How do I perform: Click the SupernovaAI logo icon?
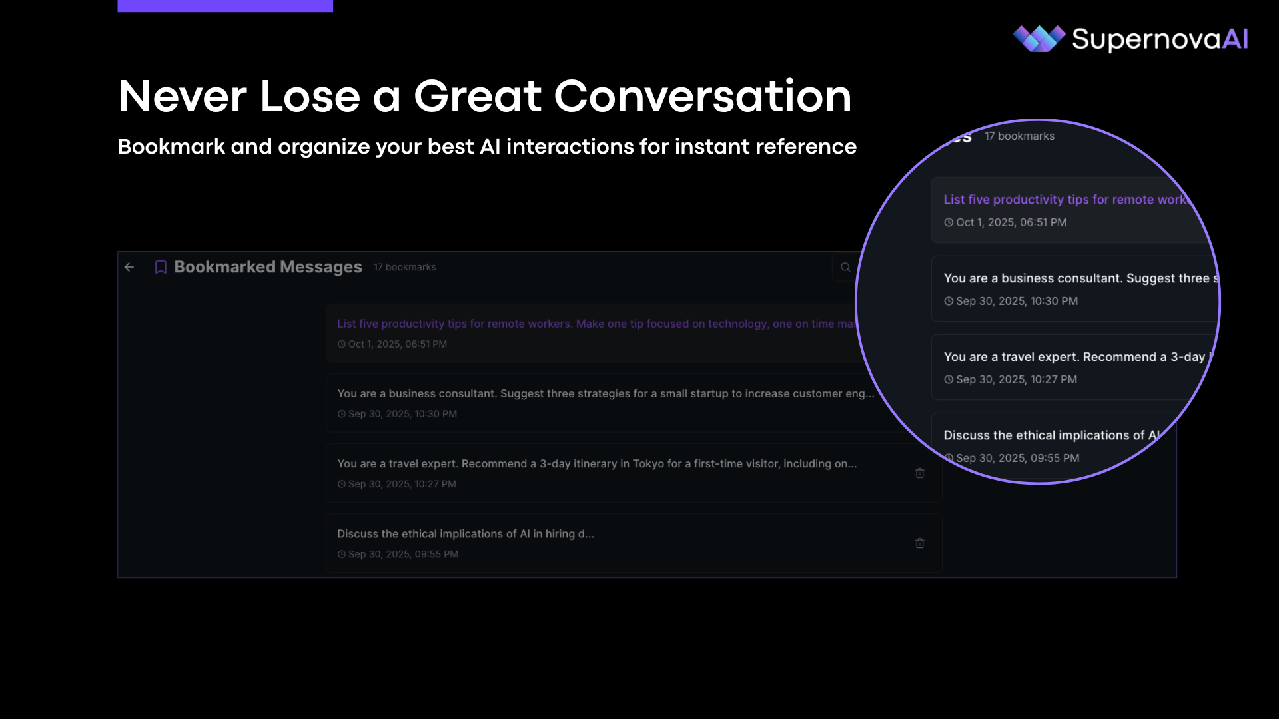tap(1039, 39)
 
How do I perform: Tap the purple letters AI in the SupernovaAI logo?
tap(1235, 39)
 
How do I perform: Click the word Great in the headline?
tap(478, 97)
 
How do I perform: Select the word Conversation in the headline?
tap(703, 97)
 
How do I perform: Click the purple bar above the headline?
tap(225, 6)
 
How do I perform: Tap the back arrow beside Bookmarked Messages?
tap(129, 267)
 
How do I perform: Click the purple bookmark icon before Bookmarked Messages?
tap(161, 267)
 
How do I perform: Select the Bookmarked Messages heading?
tap(268, 267)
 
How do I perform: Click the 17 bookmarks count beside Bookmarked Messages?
tap(405, 267)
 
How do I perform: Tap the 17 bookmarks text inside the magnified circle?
tap(1019, 136)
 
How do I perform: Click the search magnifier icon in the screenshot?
tap(845, 267)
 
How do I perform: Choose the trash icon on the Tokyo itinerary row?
tap(920, 473)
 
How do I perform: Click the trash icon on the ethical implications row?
tap(920, 543)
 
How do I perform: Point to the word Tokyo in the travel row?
tap(648, 464)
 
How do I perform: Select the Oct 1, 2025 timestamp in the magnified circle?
tap(1011, 223)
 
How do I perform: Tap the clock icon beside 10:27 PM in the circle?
tap(949, 379)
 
